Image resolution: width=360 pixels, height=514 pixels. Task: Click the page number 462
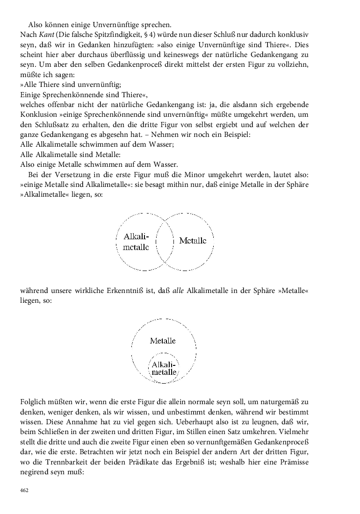24,490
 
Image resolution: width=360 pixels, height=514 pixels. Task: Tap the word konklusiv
291,35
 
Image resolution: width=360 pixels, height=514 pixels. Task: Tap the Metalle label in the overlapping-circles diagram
193,241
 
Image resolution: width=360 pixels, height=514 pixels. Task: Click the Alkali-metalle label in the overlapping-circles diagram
137,242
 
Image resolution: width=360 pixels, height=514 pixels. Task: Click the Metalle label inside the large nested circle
163,341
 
